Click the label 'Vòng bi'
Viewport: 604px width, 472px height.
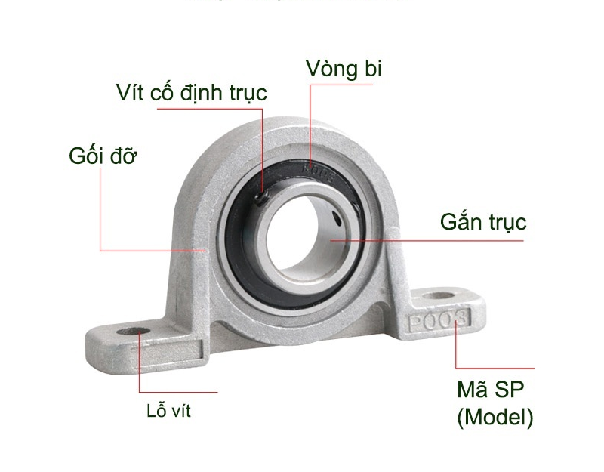coord(344,68)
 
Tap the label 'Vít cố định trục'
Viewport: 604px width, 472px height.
coord(192,93)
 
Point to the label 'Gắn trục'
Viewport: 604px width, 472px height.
coord(483,223)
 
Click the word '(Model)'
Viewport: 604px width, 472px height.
coord(495,417)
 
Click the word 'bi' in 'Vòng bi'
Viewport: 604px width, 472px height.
coord(371,68)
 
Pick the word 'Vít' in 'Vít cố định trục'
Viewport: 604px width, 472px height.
coord(130,93)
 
